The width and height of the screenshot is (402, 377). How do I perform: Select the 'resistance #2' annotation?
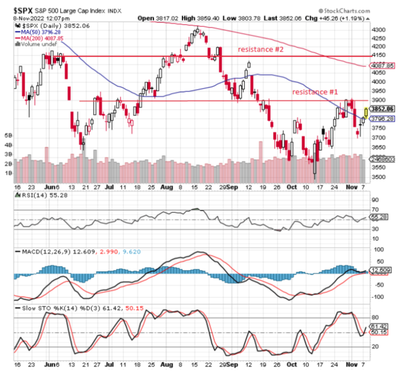coord(261,49)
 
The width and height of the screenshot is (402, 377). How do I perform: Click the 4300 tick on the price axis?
coord(380,29)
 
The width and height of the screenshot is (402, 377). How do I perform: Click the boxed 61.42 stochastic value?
coord(379,326)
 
